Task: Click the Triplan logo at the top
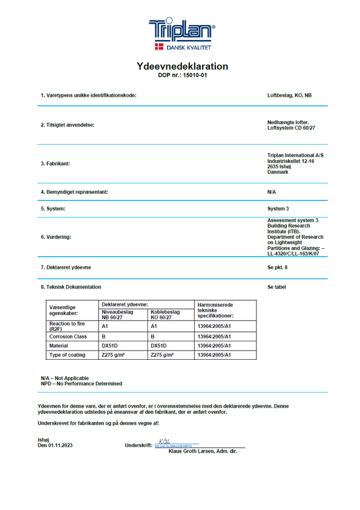pyautogui.click(x=181, y=29)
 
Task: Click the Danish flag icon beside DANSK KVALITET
pyautogui.click(x=158, y=47)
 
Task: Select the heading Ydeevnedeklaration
pyautogui.click(x=183, y=66)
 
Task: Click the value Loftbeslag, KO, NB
pyautogui.click(x=289, y=95)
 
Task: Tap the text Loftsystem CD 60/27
pyautogui.click(x=292, y=128)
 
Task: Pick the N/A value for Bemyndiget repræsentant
pyautogui.click(x=272, y=192)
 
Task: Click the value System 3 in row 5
pyautogui.click(x=278, y=208)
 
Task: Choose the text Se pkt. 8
pyautogui.click(x=277, y=267)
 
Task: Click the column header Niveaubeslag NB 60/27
pyautogui.click(x=117, y=315)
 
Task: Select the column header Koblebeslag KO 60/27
pyautogui.click(x=165, y=315)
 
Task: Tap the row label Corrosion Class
pyautogui.click(x=68, y=336)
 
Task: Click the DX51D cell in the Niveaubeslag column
pyautogui.click(x=109, y=345)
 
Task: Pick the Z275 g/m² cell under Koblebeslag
pyautogui.click(x=162, y=354)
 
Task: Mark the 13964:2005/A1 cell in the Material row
pyautogui.click(x=214, y=345)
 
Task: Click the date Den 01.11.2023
pyautogui.click(x=56, y=445)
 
